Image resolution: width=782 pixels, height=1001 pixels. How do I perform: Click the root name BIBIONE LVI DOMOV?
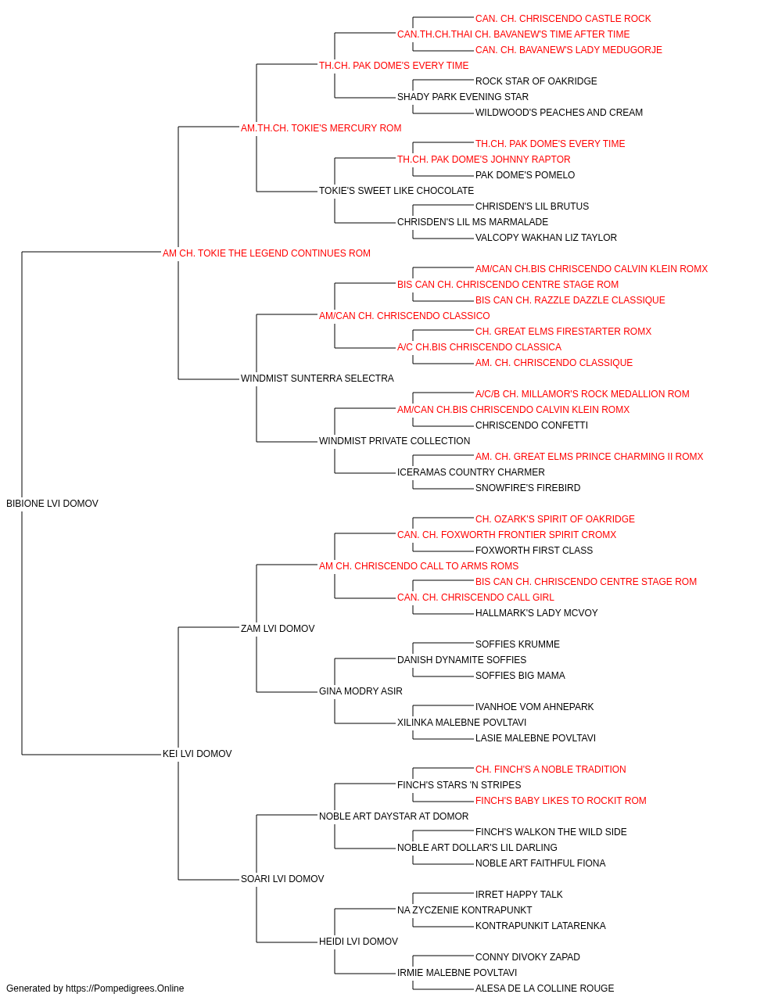click(52, 504)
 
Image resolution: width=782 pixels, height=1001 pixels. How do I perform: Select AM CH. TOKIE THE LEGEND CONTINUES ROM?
click(266, 253)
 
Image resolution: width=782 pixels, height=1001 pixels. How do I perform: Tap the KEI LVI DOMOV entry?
click(196, 754)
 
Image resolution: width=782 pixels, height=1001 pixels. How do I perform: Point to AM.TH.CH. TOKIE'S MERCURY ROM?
click(321, 128)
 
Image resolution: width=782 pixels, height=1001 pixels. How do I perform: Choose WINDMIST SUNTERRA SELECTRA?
click(317, 379)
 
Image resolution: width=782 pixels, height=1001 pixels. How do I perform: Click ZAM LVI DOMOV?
click(278, 628)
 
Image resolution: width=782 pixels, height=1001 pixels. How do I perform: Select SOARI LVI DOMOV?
click(282, 878)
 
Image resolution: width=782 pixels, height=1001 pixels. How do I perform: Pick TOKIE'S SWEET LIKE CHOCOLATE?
click(396, 191)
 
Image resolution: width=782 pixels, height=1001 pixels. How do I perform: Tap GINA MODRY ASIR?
click(361, 691)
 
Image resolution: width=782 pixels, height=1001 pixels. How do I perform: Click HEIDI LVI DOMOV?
click(358, 941)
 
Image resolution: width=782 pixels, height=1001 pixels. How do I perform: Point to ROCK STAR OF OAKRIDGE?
click(536, 81)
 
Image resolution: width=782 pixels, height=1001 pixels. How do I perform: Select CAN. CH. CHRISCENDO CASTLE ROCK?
click(563, 19)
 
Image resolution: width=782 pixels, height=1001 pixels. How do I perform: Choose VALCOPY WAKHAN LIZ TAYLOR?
click(546, 237)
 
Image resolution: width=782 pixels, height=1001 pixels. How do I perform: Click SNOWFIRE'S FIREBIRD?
click(528, 487)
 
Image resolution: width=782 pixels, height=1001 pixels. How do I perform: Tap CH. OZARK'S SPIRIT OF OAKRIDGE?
click(555, 518)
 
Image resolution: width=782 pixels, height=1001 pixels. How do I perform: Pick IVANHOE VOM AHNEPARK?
click(534, 707)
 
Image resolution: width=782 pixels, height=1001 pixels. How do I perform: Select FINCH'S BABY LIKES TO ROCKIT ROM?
click(561, 801)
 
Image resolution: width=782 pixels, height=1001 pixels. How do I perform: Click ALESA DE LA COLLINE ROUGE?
click(544, 988)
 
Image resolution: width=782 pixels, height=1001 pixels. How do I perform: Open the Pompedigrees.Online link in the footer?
click(124, 988)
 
